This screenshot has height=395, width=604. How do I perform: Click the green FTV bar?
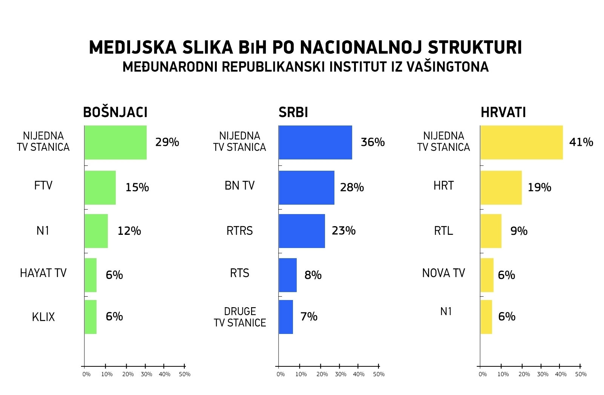pos(100,188)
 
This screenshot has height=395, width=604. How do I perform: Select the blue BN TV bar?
pos(306,188)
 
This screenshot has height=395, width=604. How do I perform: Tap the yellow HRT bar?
pos(501,188)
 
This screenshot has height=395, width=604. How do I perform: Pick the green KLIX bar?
pos(90,317)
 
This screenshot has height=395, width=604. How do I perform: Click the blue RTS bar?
pos(288,275)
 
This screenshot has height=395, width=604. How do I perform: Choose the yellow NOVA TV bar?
pos(487,275)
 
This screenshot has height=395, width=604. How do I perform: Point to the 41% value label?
pos(581,142)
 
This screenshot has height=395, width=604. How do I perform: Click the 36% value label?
pos(373,142)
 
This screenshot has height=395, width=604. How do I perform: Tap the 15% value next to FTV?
pos(137,187)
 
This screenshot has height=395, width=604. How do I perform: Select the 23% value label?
pos(343,231)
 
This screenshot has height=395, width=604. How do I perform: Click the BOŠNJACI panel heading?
pos(115,112)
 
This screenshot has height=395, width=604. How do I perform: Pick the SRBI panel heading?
pos(293,112)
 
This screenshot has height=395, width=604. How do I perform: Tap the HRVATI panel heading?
pos(503,112)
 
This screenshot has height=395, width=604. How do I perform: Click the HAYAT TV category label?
pos(43,273)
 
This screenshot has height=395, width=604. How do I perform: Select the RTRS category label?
pos(239,231)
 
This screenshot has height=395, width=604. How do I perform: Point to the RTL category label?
pos(443,231)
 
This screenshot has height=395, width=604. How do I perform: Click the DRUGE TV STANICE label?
pos(240,317)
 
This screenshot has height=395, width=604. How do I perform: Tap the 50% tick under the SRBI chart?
pos(379,374)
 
